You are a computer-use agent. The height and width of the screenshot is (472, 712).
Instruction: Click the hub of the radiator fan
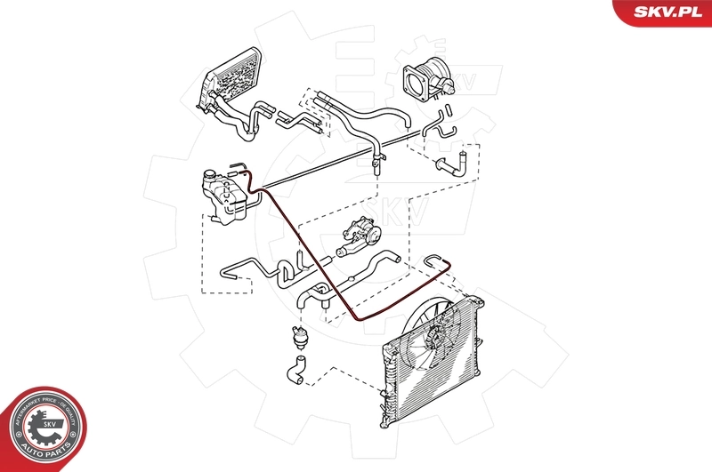[x=435, y=337]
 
